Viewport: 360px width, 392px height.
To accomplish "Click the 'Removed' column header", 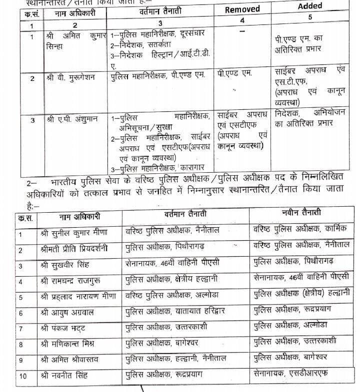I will tap(242, 9).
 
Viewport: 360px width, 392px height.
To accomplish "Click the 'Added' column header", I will tap(310, 6).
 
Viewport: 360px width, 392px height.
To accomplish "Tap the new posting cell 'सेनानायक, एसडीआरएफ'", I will tap(291, 374).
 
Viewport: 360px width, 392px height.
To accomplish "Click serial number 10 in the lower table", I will tap(23, 376).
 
